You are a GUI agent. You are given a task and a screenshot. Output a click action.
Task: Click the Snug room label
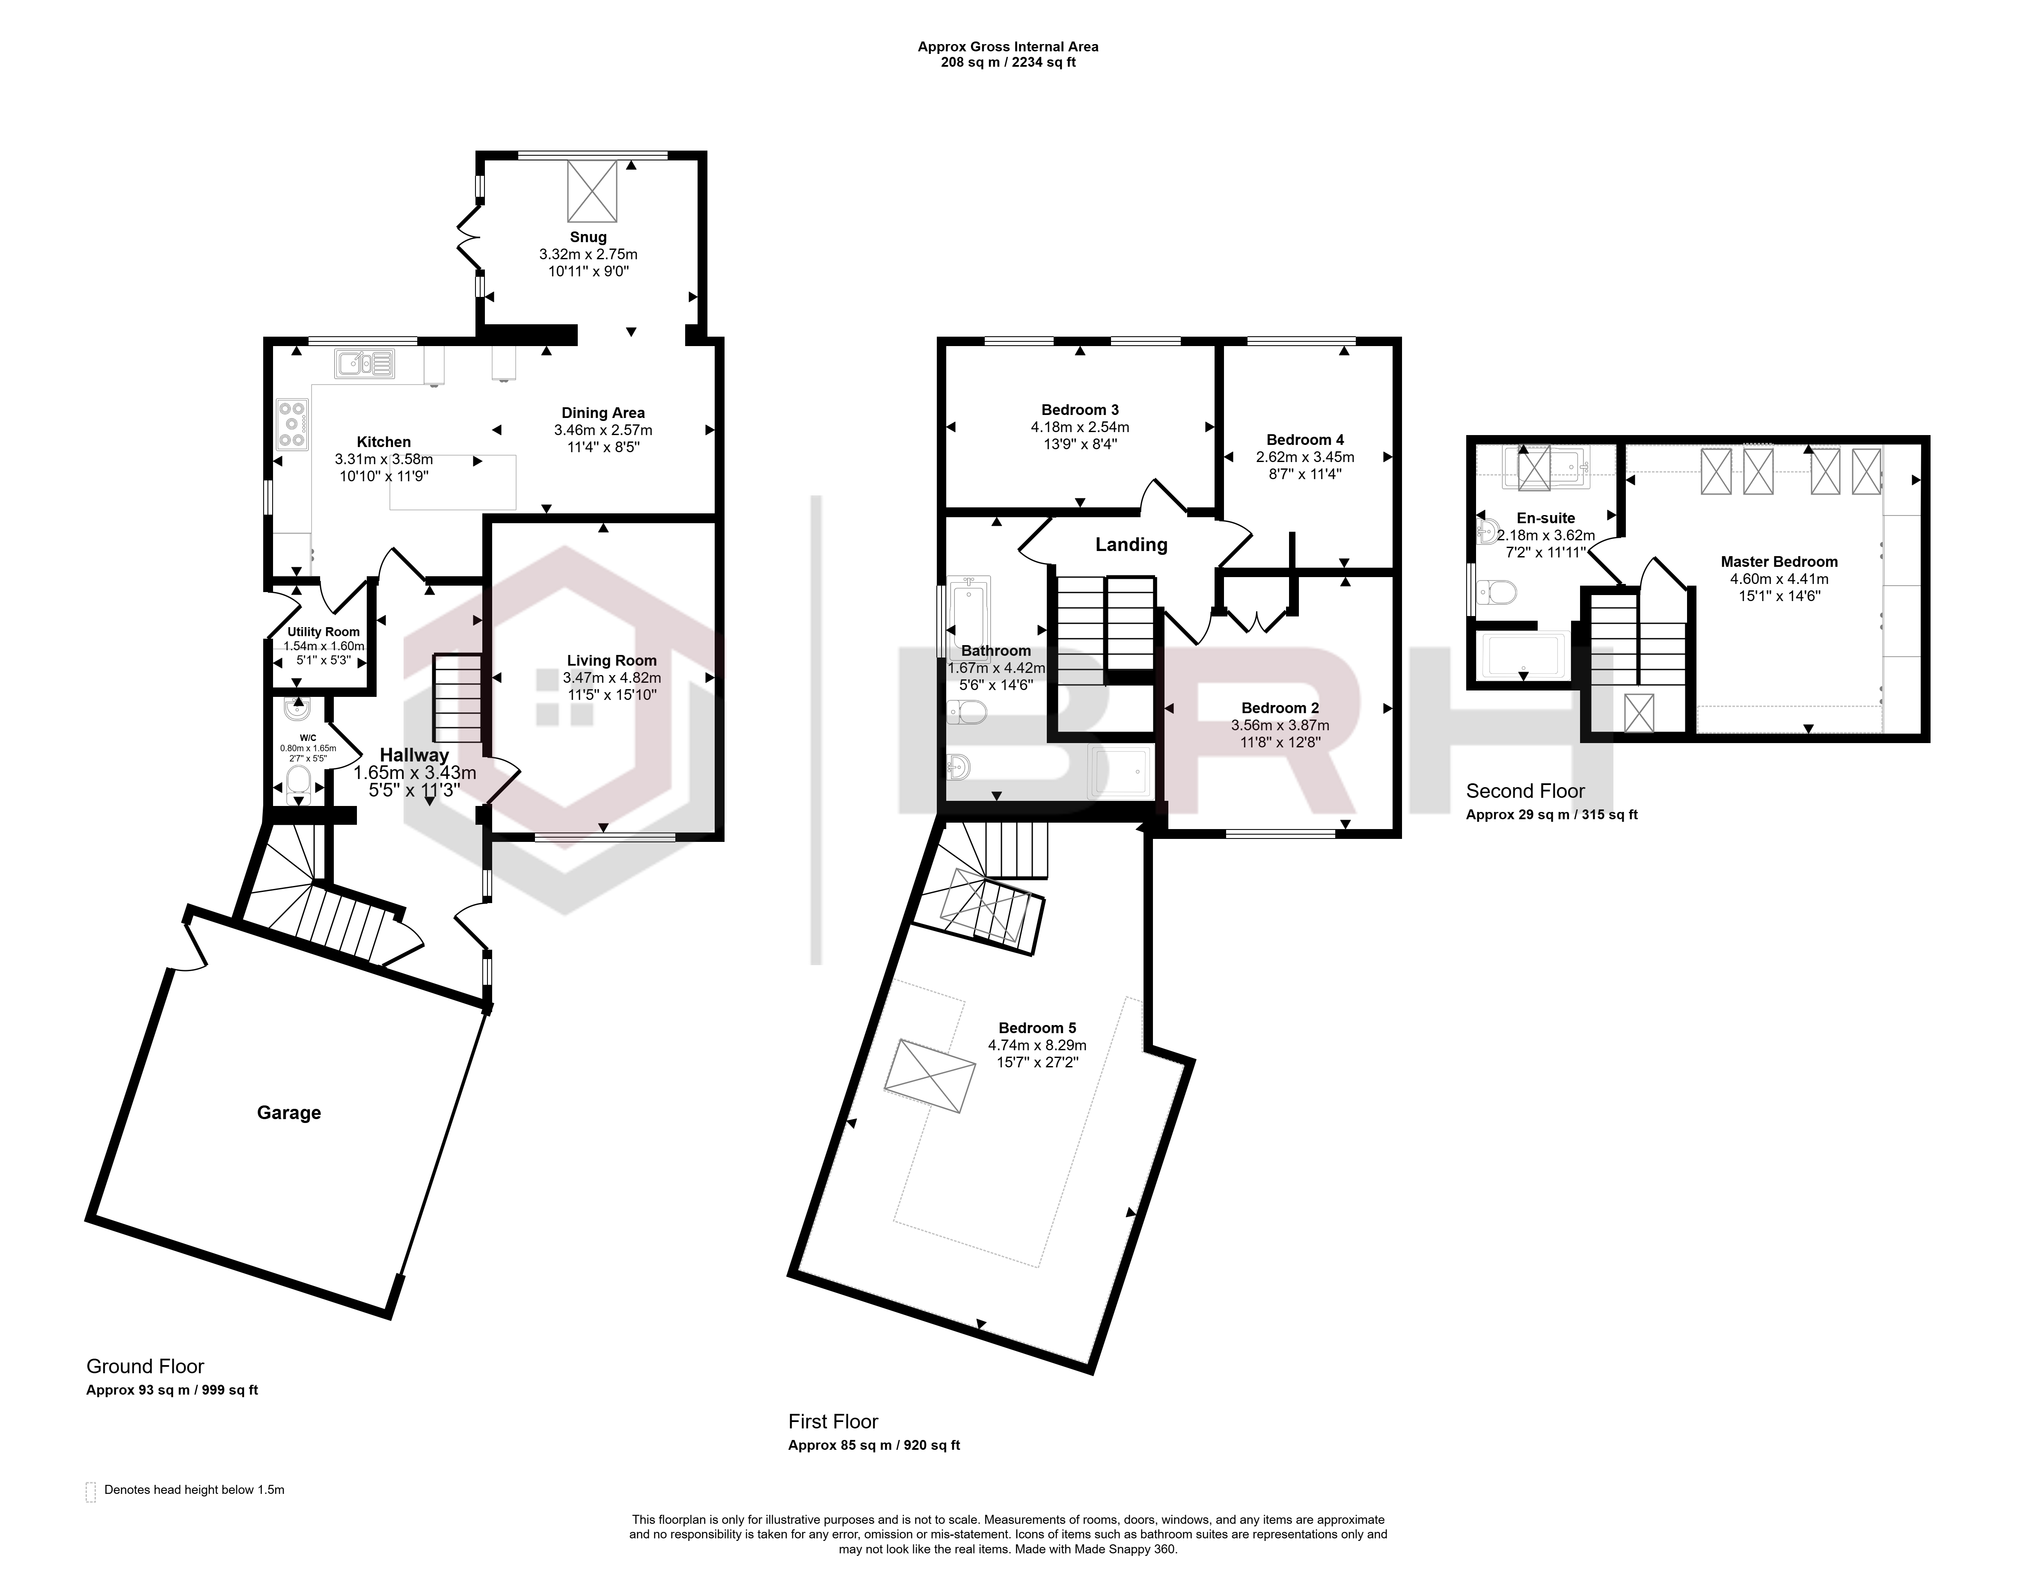click(588, 237)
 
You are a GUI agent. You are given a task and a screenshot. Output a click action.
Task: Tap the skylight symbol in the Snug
click(592, 191)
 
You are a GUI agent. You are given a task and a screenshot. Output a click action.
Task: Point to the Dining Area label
click(603, 413)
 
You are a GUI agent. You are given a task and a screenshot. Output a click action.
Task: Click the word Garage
click(289, 1113)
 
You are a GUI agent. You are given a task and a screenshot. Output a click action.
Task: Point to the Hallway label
click(415, 755)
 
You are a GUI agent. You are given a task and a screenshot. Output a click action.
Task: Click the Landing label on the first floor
click(1132, 545)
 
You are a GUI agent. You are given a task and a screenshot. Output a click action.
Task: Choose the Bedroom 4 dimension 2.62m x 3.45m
click(1305, 457)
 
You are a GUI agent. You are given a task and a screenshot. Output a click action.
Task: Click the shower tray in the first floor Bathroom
click(1121, 771)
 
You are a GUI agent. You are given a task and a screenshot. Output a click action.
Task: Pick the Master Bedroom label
click(1779, 561)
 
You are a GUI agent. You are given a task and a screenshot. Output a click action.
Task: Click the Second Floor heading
click(1526, 791)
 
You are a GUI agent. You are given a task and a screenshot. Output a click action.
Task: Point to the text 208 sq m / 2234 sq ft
click(1007, 63)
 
